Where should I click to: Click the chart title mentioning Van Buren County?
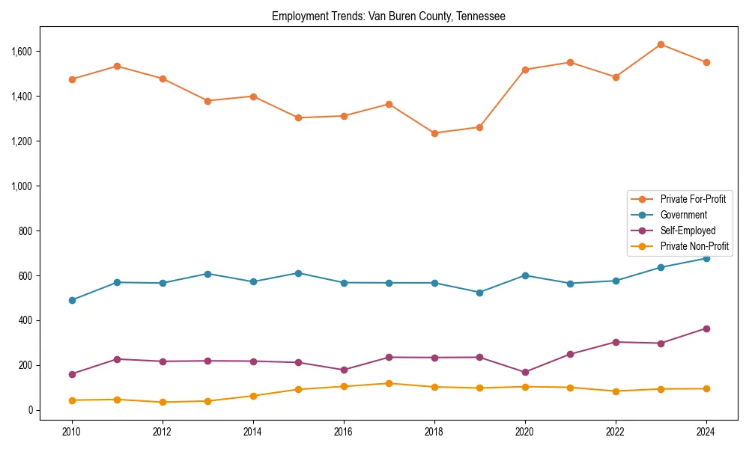coord(388,16)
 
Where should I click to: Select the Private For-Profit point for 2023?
coord(661,45)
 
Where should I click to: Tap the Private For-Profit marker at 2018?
coord(434,133)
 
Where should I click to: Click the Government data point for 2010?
coord(72,300)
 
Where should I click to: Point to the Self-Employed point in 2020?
coord(525,372)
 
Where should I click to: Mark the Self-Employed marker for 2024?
coord(706,329)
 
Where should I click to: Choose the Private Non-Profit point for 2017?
coord(389,384)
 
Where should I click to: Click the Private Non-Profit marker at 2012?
coord(163,403)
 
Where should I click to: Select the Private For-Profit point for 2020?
coord(525,70)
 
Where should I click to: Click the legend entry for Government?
coord(683,215)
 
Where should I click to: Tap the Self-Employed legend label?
coord(688,230)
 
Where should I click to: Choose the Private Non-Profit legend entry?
coord(694,246)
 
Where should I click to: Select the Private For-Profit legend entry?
coord(693,199)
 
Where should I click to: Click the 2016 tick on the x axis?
coord(344,432)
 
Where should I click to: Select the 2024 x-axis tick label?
coord(706,432)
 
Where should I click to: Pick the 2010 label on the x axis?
coord(72,432)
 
